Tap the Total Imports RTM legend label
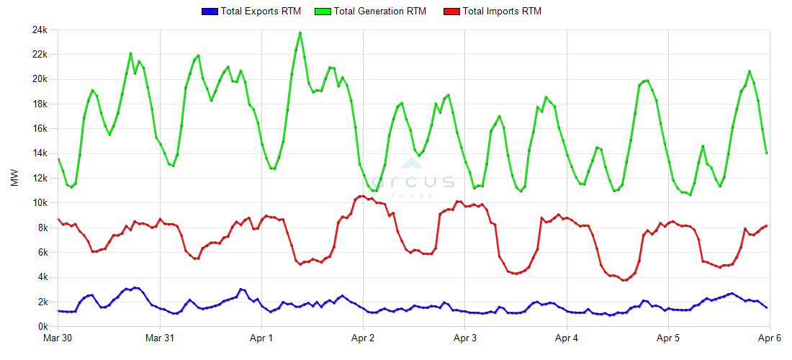502,12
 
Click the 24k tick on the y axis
38,30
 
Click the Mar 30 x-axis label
58,338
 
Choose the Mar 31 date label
160,338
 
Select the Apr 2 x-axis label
363,338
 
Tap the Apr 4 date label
567,338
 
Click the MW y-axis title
14,178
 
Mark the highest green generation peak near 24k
300,32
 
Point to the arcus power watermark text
413,183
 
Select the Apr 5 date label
668,338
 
